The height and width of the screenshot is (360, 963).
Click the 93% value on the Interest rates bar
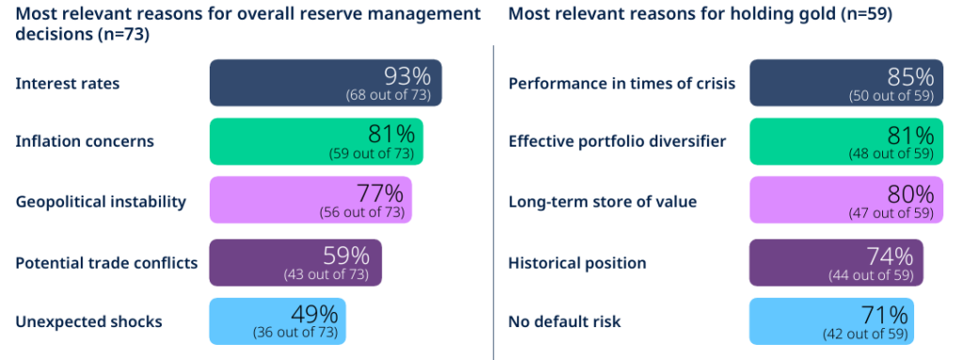point(408,76)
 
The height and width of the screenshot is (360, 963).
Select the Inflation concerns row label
point(85,141)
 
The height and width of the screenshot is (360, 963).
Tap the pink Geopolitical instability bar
point(310,199)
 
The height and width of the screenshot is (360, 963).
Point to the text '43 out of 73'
point(326,274)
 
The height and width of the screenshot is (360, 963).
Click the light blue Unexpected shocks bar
point(277,321)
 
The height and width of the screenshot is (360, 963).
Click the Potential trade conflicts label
point(107,263)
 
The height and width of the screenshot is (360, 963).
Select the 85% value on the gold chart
point(910,76)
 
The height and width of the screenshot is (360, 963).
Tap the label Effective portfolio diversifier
point(617,141)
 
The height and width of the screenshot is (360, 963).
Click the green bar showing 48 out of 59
point(845,141)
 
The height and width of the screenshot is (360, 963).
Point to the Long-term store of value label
point(603,202)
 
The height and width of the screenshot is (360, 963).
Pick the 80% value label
point(910,195)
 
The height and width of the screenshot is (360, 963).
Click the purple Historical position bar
point(836,262)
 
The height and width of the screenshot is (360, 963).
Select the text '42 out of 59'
point(865,335)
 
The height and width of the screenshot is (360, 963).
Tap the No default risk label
point(564,321)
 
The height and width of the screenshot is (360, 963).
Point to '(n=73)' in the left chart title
point(123,35)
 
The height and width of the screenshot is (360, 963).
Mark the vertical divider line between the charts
point(493,202)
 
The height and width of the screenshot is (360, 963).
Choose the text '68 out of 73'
point(387,95)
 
